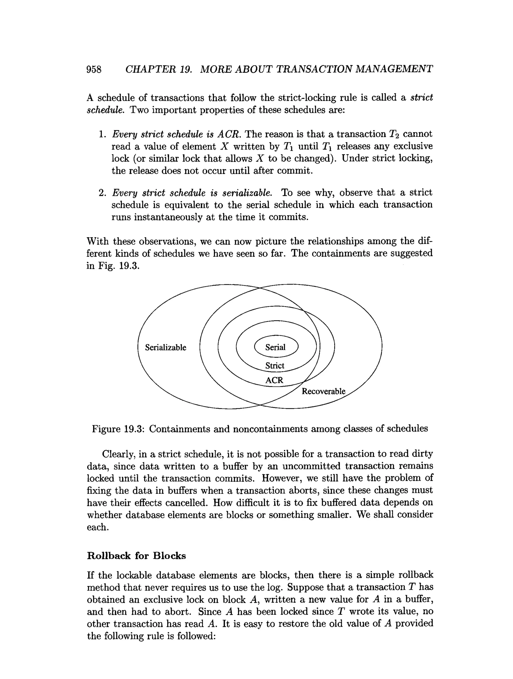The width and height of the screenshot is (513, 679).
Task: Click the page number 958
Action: tap(94, 69)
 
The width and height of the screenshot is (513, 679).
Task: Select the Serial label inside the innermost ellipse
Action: tap(275, 347)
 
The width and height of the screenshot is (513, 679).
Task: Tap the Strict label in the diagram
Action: tap(275, 366)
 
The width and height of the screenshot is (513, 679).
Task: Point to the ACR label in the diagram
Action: tap(274, 380)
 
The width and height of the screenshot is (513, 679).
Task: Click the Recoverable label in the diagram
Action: tap(323, 391)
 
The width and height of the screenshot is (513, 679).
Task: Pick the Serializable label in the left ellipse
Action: tap(166, 347)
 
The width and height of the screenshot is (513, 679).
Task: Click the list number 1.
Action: tap(102, 134)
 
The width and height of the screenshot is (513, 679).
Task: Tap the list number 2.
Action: tap(102, 193)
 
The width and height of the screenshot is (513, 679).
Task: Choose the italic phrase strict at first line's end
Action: tap(422, 98)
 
